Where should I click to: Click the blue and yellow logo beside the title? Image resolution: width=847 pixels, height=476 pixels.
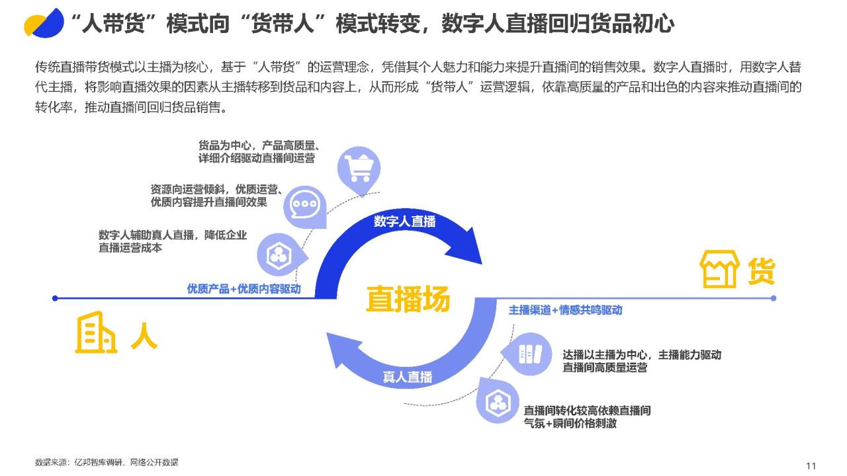pyautogui.click(x=44, y=23)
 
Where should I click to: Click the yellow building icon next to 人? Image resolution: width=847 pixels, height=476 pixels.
pyautogui.click(x=96, y=333)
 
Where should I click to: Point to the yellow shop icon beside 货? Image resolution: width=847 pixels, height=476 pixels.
pyautogui.click(x=719, y=269)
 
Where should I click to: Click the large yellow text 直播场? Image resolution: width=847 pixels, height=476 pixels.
pyautogui.click(x=408, y=299)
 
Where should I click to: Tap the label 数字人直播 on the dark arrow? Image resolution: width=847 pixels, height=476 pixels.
pyautogui.click(x=404, y=221)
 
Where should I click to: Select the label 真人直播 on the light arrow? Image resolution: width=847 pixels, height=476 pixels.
pyautogui.click(x=407, y=377)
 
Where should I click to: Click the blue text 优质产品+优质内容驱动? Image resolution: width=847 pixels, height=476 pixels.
pyautogui.click(x=244, y=289)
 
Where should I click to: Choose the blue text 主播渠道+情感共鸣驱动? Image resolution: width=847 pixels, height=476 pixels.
pyautogui.click(x=565, y=310)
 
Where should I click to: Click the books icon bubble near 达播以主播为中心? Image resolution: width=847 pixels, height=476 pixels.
pyautogui.click(x=527, y=354)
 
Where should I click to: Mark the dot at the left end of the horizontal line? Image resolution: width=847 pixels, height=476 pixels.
pyautogui.click(x=55, y=298)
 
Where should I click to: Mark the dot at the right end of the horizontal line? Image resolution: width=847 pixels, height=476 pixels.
pyautogui.click(x=774, y=298)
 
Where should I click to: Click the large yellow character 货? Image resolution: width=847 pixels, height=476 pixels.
pyautogui.click(x=762, y=271)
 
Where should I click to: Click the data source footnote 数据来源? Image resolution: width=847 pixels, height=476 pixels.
pyautogui.click(x=107, y=462)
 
